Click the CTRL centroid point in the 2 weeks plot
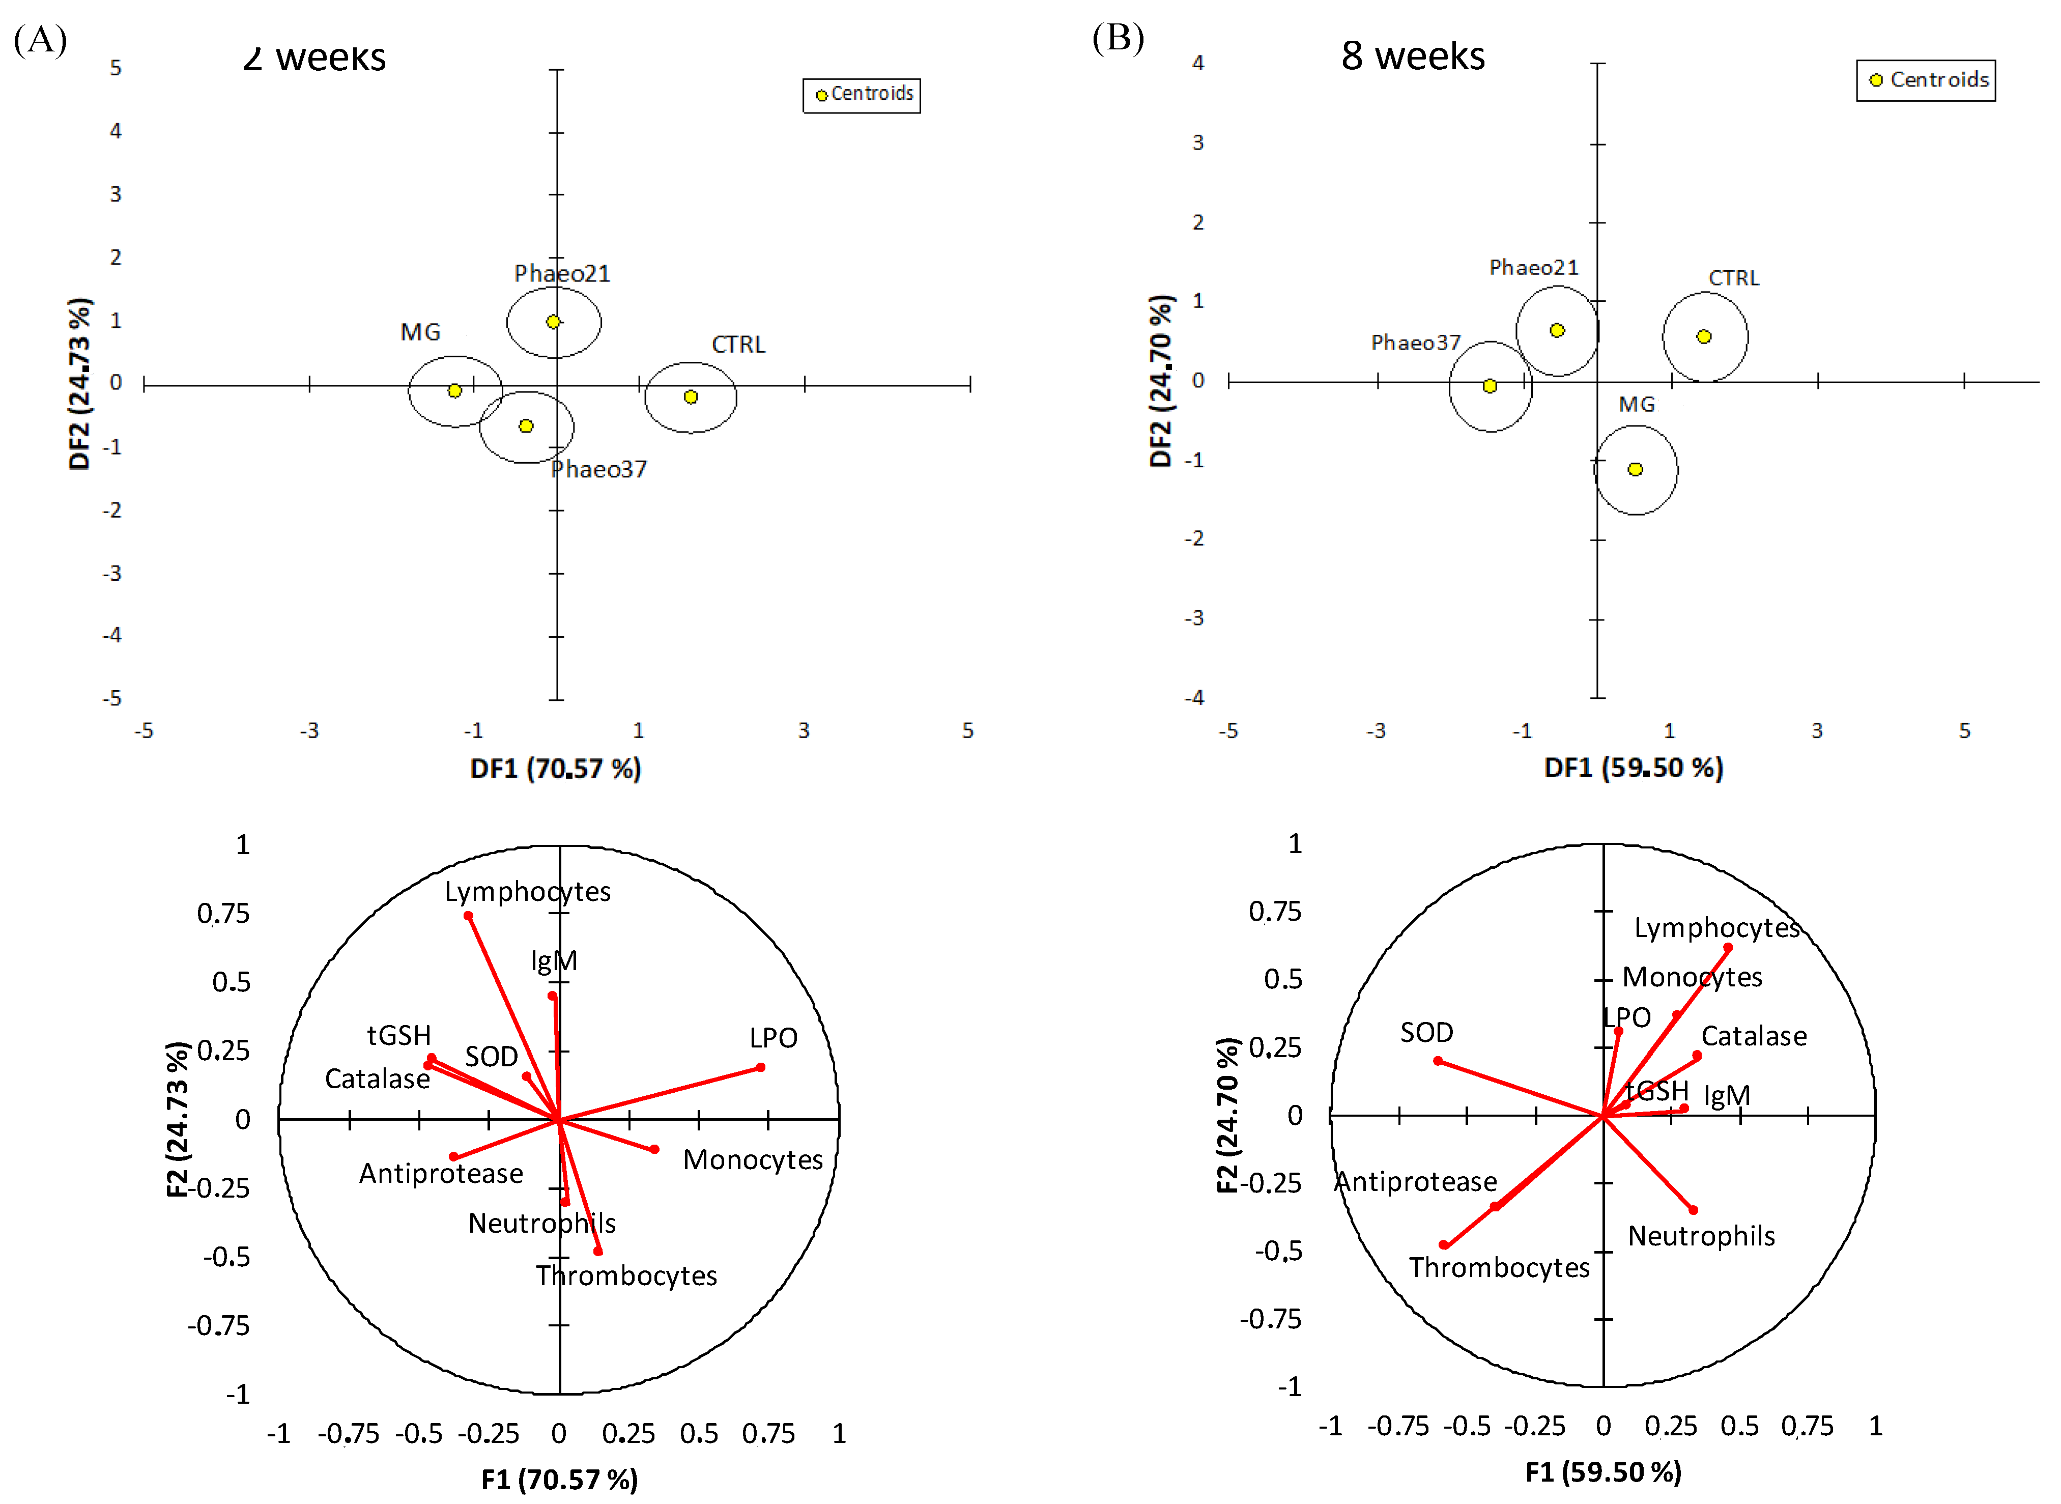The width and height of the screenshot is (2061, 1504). (x=691, y=397)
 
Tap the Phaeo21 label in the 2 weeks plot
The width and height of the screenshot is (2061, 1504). (x=562, y=273)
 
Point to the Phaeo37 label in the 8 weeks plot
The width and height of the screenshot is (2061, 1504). (x=1416, y=343)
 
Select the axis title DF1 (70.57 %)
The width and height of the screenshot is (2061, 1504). (x=555, y=769)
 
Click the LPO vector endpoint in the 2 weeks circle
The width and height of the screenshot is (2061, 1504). (x=760, y=1067)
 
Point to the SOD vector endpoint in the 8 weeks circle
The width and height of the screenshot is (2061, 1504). (x=1438, y=1061)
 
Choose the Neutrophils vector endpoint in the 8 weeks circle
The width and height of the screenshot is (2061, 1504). (x=1693, y=1210)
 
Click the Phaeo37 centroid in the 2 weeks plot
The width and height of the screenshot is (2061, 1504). (x=526, y=426)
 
